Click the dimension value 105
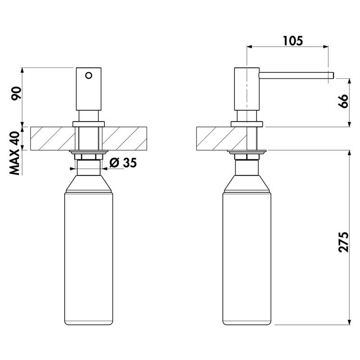[293, 41]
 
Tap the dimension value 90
[17, 93]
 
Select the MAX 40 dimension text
[15, 153]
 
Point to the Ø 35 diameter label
[123, 163]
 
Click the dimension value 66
[343, 101]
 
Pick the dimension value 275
[343, 242]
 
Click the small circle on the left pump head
[89, 75]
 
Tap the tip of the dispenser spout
[333, 76]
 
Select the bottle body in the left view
[89, 259]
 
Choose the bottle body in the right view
[247, 259]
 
